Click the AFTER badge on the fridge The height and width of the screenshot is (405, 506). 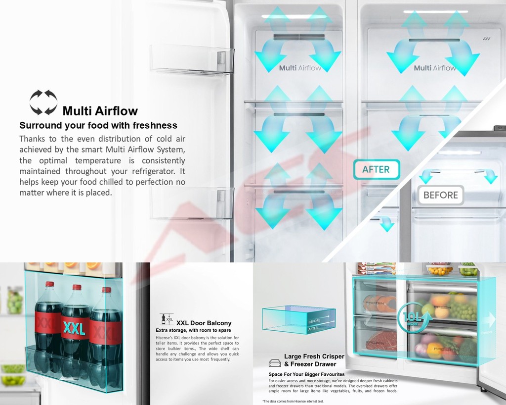(x=376, y=169)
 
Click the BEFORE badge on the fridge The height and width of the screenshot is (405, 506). (x=440, y=195)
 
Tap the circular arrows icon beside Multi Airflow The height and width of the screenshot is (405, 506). (x=43, y=102)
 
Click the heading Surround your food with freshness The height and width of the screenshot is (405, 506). (x=98, y=125)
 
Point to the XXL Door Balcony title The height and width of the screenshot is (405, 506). (x=204, y=323)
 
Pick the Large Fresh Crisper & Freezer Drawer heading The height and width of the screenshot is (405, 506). (x=314, y=360)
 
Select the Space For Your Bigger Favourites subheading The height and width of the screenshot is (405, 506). (x=306, y=374)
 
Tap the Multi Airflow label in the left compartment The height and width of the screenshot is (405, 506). (x=300, y=68)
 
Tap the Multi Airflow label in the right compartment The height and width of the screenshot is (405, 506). (x=435, y=68)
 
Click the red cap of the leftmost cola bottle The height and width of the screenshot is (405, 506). (x=49, y=285)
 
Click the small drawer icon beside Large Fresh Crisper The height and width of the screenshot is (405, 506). (x=275, y=363)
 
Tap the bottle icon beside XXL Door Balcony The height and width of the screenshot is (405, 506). (x=164, y=319)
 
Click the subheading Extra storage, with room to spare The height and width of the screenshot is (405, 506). (x=193, y=330)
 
